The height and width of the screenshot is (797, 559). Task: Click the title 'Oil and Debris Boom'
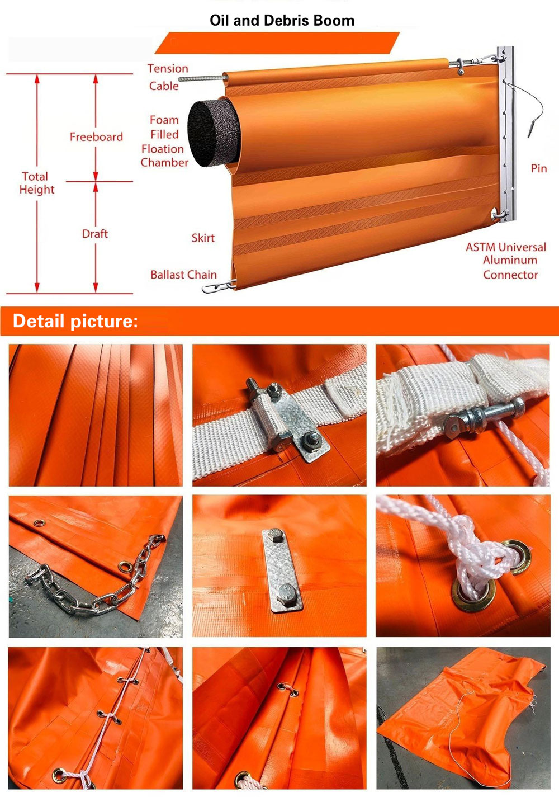point(282,21)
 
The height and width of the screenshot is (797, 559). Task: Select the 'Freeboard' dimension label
point(96,136)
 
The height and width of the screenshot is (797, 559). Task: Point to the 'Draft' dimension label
point(95,234)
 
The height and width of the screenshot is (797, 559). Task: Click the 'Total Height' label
point(37,183)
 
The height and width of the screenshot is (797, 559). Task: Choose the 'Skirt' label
point(203,238)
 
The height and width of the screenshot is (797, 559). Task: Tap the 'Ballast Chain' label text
point(183,274)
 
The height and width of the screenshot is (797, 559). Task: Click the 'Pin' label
point(539,168)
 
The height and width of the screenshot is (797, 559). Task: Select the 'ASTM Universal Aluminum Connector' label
point(506,261)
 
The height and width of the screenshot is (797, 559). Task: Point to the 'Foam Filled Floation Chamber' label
point(164,142)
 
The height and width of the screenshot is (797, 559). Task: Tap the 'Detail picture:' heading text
point(75,320)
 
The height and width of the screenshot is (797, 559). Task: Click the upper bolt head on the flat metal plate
point(275,535)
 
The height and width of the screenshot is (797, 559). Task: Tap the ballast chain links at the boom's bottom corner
point(219,286)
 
